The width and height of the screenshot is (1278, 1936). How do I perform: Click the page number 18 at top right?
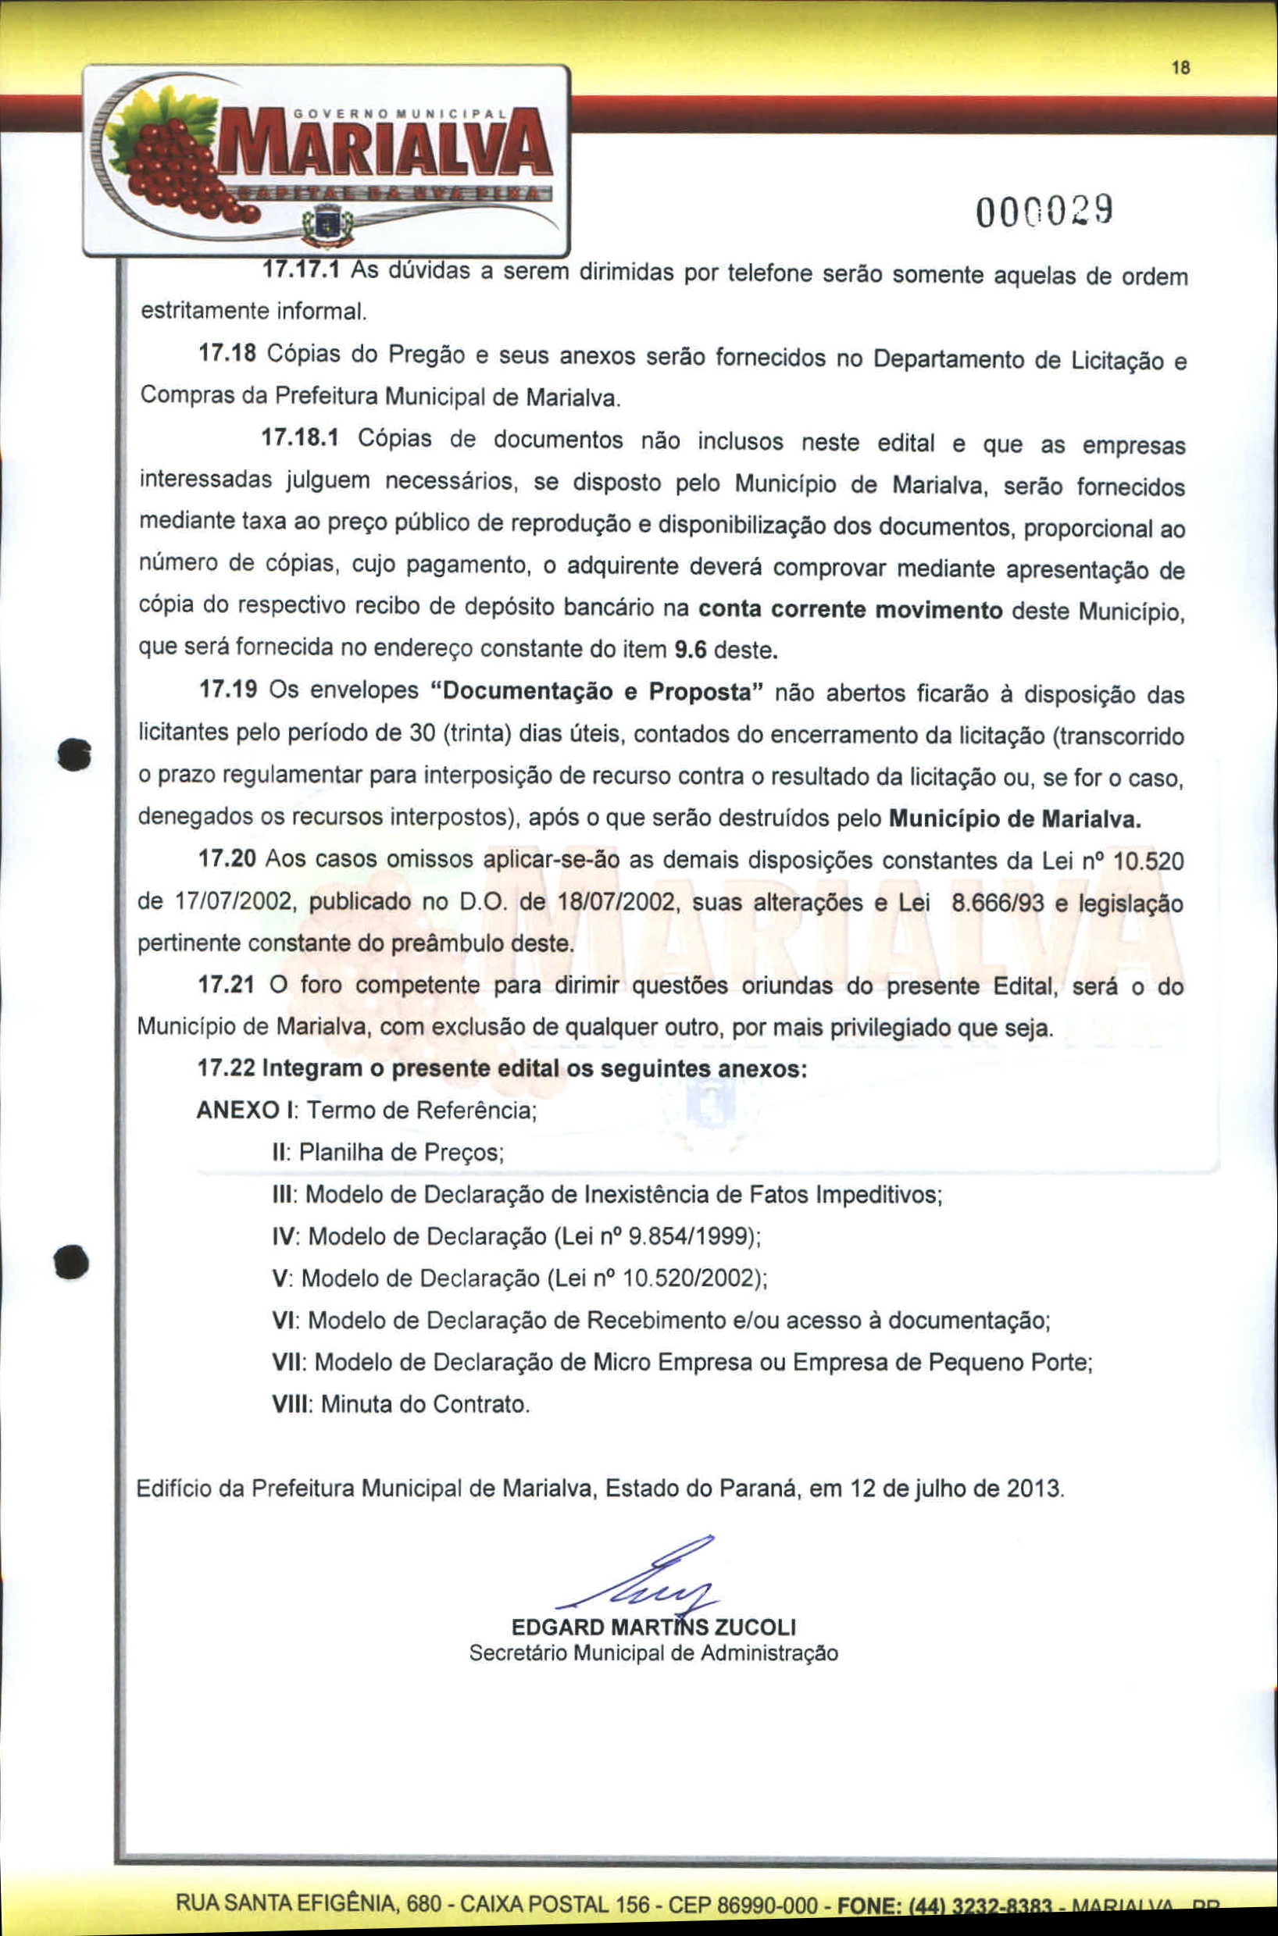click(1181, 69)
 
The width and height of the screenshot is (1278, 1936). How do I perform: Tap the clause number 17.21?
click(227, 984)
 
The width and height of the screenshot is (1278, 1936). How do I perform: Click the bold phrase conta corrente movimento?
click(850, 609)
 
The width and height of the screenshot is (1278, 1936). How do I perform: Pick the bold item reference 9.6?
click(690, 651)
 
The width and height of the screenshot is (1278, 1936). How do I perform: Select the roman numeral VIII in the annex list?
click(290, 1404)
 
